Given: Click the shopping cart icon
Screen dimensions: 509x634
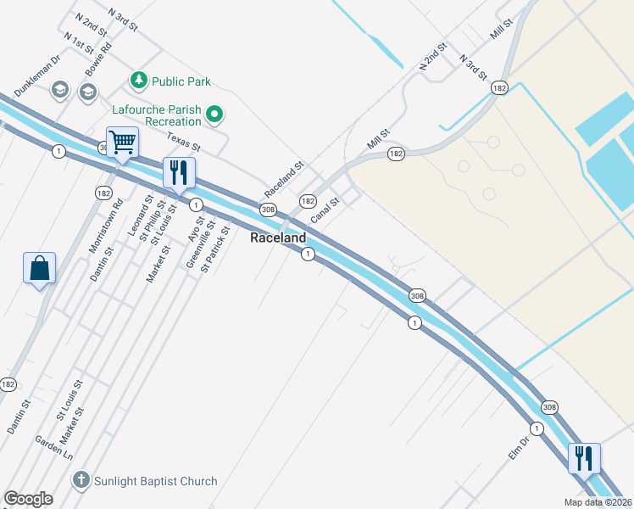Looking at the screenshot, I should tap(123, 143).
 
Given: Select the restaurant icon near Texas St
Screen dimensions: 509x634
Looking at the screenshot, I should tap(179, 172).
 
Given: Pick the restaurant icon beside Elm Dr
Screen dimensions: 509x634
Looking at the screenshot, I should tap(583, 458).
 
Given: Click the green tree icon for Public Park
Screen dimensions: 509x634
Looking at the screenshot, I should tap(139, 81).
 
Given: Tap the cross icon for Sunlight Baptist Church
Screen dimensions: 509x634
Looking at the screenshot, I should tap(81, 480).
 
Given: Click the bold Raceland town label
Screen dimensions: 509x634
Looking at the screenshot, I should tap(277, 238).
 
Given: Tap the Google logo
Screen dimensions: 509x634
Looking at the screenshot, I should tap(28, 499).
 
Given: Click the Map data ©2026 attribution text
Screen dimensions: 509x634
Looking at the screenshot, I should tap(598, 501).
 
